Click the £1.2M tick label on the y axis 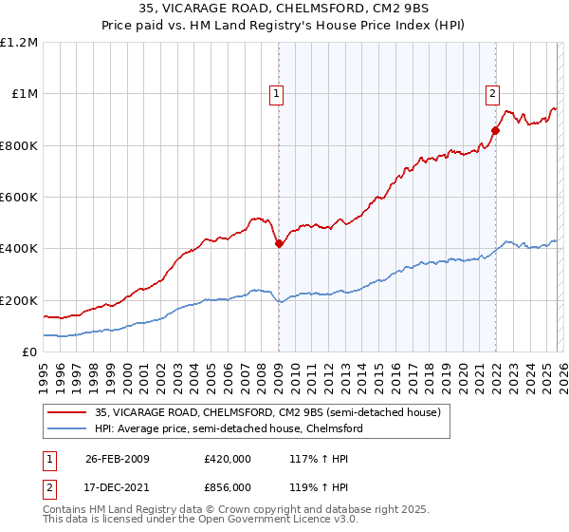click(x=19, y=43)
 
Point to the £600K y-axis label click(x=19, y=198)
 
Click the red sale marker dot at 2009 click(x=279, y=244)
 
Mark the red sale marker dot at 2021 click(x=495, y=131)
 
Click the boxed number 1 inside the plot click(x=276, y=93)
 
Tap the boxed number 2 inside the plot click(x=493, y=93)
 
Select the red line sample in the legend click(x=67, y=413)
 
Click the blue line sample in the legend click(x=67, y=429)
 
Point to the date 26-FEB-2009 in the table click(x=117, y=458)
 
